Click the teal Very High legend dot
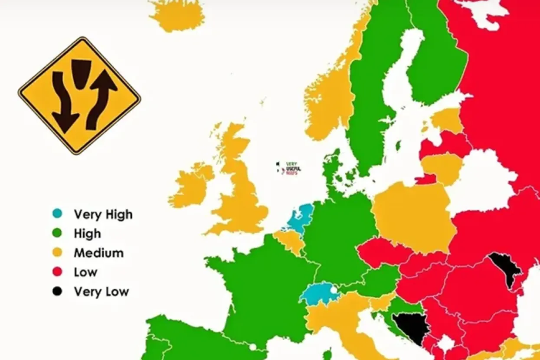tap(57, 214)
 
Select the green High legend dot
tap(57, 233)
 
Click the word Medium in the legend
tap(98, 253)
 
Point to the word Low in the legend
tap(85, 272)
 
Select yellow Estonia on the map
tap(447, 120)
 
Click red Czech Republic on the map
tap(382, 252)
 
